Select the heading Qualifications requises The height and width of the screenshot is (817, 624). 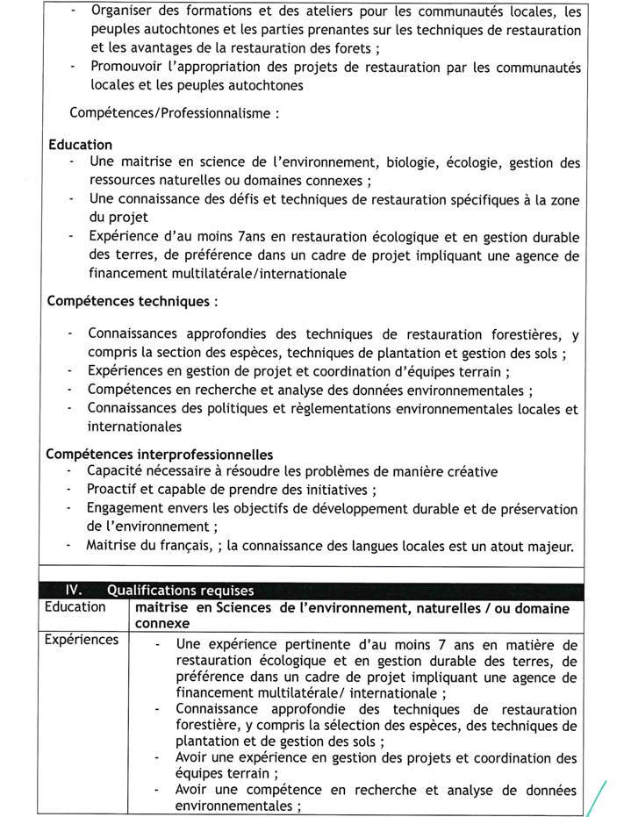coord(181,591)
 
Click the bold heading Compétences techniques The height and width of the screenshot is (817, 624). coord(127,301)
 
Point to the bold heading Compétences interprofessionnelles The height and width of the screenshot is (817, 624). coord(159,455)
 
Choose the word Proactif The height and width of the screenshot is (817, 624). coord(115,490)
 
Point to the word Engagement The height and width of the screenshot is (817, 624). coord(126,509)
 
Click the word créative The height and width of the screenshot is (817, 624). coord(470,471)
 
